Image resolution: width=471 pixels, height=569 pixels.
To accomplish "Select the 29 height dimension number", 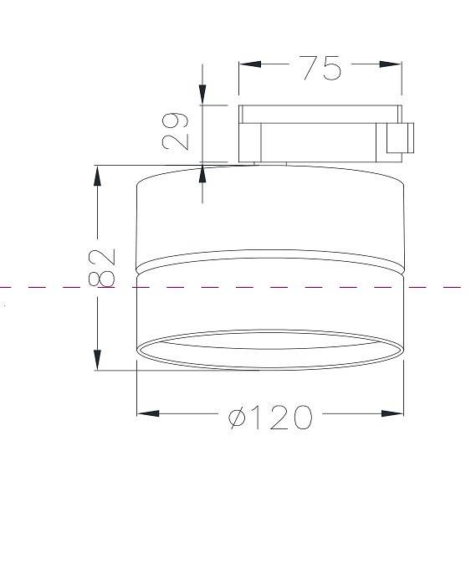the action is (176, 131).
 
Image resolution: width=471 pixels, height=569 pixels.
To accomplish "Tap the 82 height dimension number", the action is (102, 268).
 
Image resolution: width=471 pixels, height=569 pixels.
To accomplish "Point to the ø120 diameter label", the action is (270, 418).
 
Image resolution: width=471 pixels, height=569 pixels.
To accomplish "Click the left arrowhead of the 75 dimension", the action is (250, 64).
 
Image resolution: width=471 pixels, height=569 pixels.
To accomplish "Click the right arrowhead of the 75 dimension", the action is (391, 64).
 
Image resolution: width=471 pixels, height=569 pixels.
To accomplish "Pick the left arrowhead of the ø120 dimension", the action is (148, 413).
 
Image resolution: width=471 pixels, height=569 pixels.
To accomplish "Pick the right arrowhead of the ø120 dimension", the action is (392, 413).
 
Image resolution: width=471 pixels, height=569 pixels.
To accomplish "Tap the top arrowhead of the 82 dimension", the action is (97, 177).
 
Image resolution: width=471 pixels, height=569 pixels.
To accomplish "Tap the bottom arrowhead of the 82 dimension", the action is (97, 360).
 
